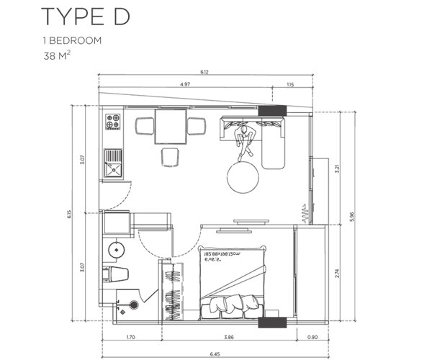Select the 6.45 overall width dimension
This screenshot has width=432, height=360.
(215, 352)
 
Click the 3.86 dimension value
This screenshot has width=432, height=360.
(228, 336)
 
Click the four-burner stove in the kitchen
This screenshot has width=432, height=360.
(114, 122)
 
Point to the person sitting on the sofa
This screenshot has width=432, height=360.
(245, 138)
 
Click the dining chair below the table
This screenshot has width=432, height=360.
(171, 156)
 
